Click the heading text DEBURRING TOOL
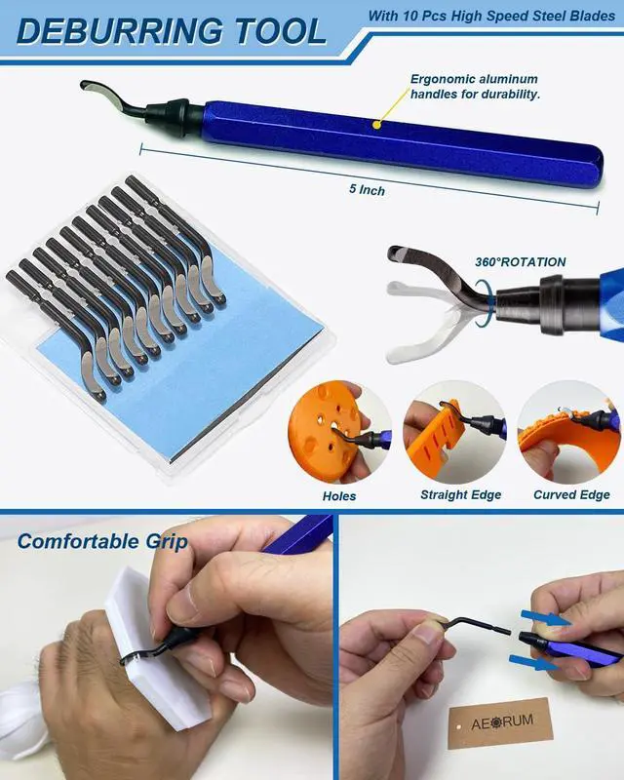click(172, 30)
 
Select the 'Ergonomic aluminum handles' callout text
click(475, 87)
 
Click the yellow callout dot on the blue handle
click(375, 124)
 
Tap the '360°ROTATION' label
click(520, 262)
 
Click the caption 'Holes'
click(339, 495)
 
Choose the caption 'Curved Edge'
click(571, 495)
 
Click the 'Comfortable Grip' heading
click(102, 541)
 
